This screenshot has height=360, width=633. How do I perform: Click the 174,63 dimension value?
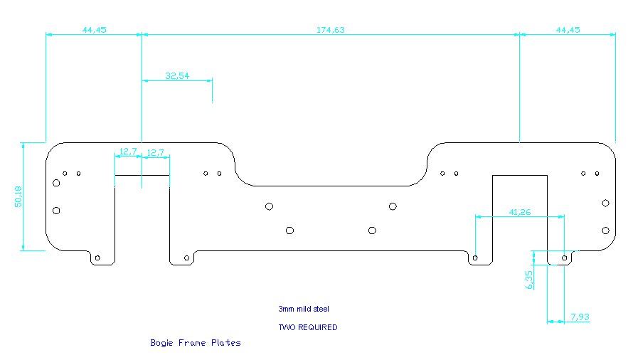(x=330, y=30)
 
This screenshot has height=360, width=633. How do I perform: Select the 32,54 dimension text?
(x=177, y=75)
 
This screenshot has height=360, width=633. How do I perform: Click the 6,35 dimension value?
(x=529, y=280)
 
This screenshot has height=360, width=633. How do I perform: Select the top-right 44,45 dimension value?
(x=568, y=30)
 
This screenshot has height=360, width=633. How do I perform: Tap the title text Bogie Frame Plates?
(x=196, y=343)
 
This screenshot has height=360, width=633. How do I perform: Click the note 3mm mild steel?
(x=304, y=309)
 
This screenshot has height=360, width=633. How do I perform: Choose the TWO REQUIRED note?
(x=307, y=327)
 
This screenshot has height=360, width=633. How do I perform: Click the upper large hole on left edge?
(x=56, y=184)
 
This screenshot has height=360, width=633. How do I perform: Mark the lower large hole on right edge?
(x=605, y=230)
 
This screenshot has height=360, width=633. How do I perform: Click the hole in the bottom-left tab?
(x=98, y=258)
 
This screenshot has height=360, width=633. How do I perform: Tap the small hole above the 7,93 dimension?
(x=565, y=257)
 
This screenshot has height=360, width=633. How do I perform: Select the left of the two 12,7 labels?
(x=127, y=152)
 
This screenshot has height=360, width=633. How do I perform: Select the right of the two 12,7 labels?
(x=155, y=152)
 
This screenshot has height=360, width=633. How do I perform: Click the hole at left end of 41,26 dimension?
(x=476, y=257)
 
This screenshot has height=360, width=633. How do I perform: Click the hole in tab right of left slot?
(x=186, y=258)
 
